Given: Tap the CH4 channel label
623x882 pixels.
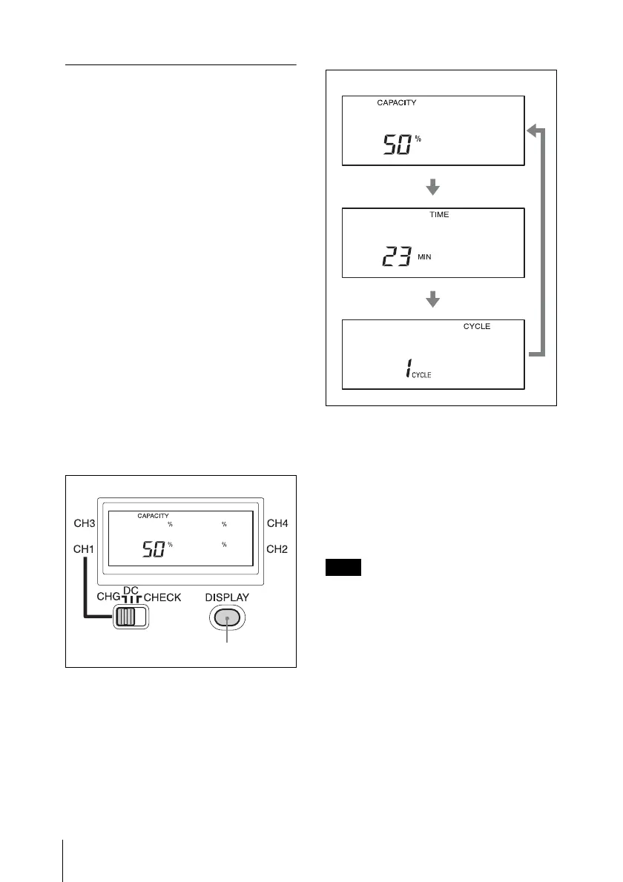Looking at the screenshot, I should [277, 524].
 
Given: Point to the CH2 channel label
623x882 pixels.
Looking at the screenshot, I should [277, 550].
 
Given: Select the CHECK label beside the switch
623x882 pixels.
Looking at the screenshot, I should [162, 597].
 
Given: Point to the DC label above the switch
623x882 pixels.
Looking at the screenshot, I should [131, 589].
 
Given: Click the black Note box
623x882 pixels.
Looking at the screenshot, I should [343, 568].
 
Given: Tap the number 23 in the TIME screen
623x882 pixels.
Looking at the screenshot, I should [397, 257].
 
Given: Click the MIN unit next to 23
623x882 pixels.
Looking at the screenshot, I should [423, 257].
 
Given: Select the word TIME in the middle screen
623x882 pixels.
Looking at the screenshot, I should [439, 214].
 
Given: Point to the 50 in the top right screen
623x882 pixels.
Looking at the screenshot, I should [397, 145].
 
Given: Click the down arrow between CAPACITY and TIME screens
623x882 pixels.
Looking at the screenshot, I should [433, 189].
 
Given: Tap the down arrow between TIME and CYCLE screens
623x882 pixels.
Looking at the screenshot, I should [433, 299].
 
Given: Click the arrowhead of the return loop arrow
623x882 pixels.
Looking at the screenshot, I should [533, 131].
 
